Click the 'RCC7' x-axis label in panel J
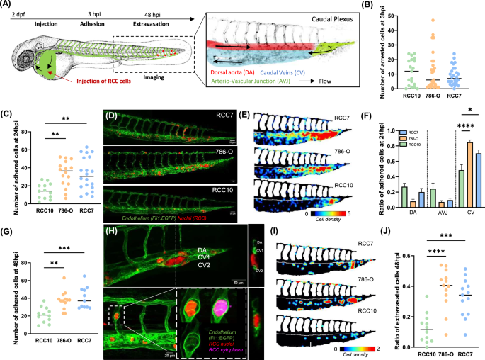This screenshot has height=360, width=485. click(x=464, y=351)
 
